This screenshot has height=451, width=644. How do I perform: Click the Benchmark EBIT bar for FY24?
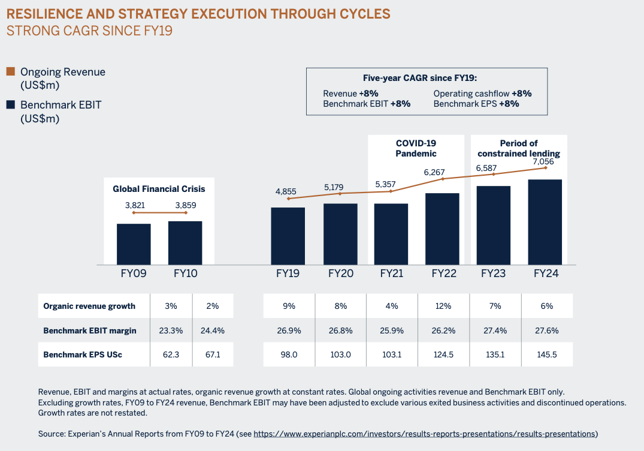click(x=545, y=222)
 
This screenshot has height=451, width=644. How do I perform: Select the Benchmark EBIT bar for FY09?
click(x=134, y=243)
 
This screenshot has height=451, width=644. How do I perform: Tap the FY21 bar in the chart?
click(x=391, y=234)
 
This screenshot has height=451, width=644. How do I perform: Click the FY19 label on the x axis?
click(x=288, y=273)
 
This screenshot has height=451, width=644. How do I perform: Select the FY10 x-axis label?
click(x=186, y=273)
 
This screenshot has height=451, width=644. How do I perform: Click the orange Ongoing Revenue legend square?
click(x=10, y=71)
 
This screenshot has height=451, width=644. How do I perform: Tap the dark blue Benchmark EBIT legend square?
click(x=10, y=105)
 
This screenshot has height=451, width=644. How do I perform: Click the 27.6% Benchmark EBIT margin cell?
click(x=547, y=330)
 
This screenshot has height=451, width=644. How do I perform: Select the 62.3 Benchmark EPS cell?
click(x=171, y=354)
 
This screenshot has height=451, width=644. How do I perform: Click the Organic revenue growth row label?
click(x=89, y=306)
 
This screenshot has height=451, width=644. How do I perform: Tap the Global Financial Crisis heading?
click(x=159, y=189)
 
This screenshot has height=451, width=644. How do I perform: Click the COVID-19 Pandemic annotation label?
click(x=416, y=148)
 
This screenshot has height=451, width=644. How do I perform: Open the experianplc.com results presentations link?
click(x=425, y=434)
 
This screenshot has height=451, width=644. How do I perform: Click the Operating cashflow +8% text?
click(x=482, y=94)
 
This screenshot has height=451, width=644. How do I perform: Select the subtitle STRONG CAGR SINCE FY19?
click(x=89, y=30)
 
